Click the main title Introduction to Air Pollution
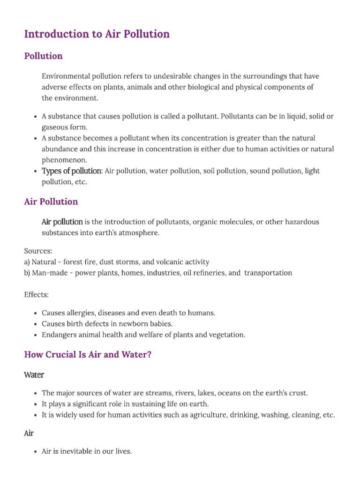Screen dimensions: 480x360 coord(97,34)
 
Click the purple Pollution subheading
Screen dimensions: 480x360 coord(43,56)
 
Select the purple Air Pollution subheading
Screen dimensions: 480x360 coord(51,202)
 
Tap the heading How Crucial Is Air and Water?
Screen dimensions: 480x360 coord(88,355)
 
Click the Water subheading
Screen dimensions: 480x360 coord(34,375)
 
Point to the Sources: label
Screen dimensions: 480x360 coord(38,251)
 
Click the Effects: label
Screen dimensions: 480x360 coord(36,294)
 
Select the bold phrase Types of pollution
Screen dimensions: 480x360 coord(72,171)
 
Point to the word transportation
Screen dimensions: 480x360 coord(268,273)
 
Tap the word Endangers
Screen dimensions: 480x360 coord(59,335)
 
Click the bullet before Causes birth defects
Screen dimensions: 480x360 coord(36,324)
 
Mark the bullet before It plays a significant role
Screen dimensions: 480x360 coord(36,404)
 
